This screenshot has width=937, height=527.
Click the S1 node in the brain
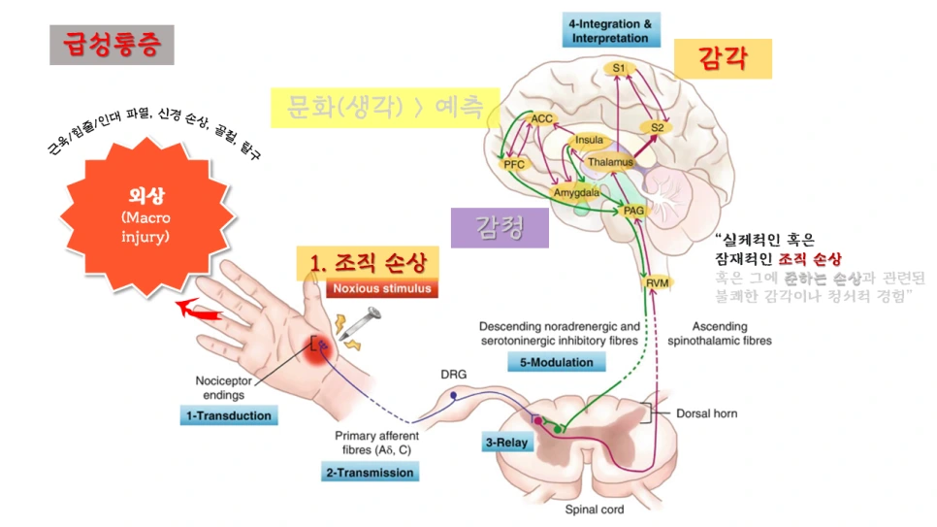pos(619,68)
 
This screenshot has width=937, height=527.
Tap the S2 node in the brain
pos(657,127)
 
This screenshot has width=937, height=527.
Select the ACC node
pos(541,118)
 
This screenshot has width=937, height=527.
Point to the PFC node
pos(514,164)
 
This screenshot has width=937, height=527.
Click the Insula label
pos(590,140)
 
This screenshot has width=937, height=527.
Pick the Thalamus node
pos(610,162)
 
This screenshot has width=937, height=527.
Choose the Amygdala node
pos(575,192)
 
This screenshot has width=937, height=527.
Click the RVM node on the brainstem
pos(657,282)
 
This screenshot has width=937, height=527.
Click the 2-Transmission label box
pos(370,472)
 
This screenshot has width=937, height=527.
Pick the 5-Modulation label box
pos(556,361)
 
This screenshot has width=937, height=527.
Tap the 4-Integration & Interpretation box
pos(609,30)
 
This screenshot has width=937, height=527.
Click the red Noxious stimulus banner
pos(382,288)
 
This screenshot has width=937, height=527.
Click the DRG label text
pos(453,374)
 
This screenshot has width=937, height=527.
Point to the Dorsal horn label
pos(706,413)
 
